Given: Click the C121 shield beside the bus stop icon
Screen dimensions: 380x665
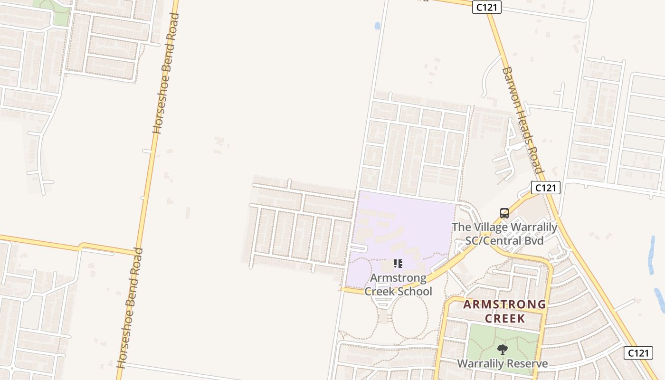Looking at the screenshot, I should tap(546, 188).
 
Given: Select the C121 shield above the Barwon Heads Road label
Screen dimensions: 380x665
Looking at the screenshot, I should tap(487, 7).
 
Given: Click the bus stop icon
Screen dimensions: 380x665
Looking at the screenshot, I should tap(504, 213).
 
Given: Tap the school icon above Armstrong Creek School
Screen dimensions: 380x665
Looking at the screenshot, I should tap(398, 263).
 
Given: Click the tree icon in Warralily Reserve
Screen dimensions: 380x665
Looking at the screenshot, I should tap(502, 350).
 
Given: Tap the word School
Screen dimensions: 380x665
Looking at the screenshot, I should tap(414, 291).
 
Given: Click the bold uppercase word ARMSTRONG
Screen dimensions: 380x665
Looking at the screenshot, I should tap(504, 304).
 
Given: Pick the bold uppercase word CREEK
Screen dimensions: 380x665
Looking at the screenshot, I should tap(504, 318).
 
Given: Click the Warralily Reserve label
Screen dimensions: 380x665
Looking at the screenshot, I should tap(502, 364).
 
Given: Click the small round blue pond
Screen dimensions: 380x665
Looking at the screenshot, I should tap(378, 26).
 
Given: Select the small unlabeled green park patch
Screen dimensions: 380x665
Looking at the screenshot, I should tap(60, 17).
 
